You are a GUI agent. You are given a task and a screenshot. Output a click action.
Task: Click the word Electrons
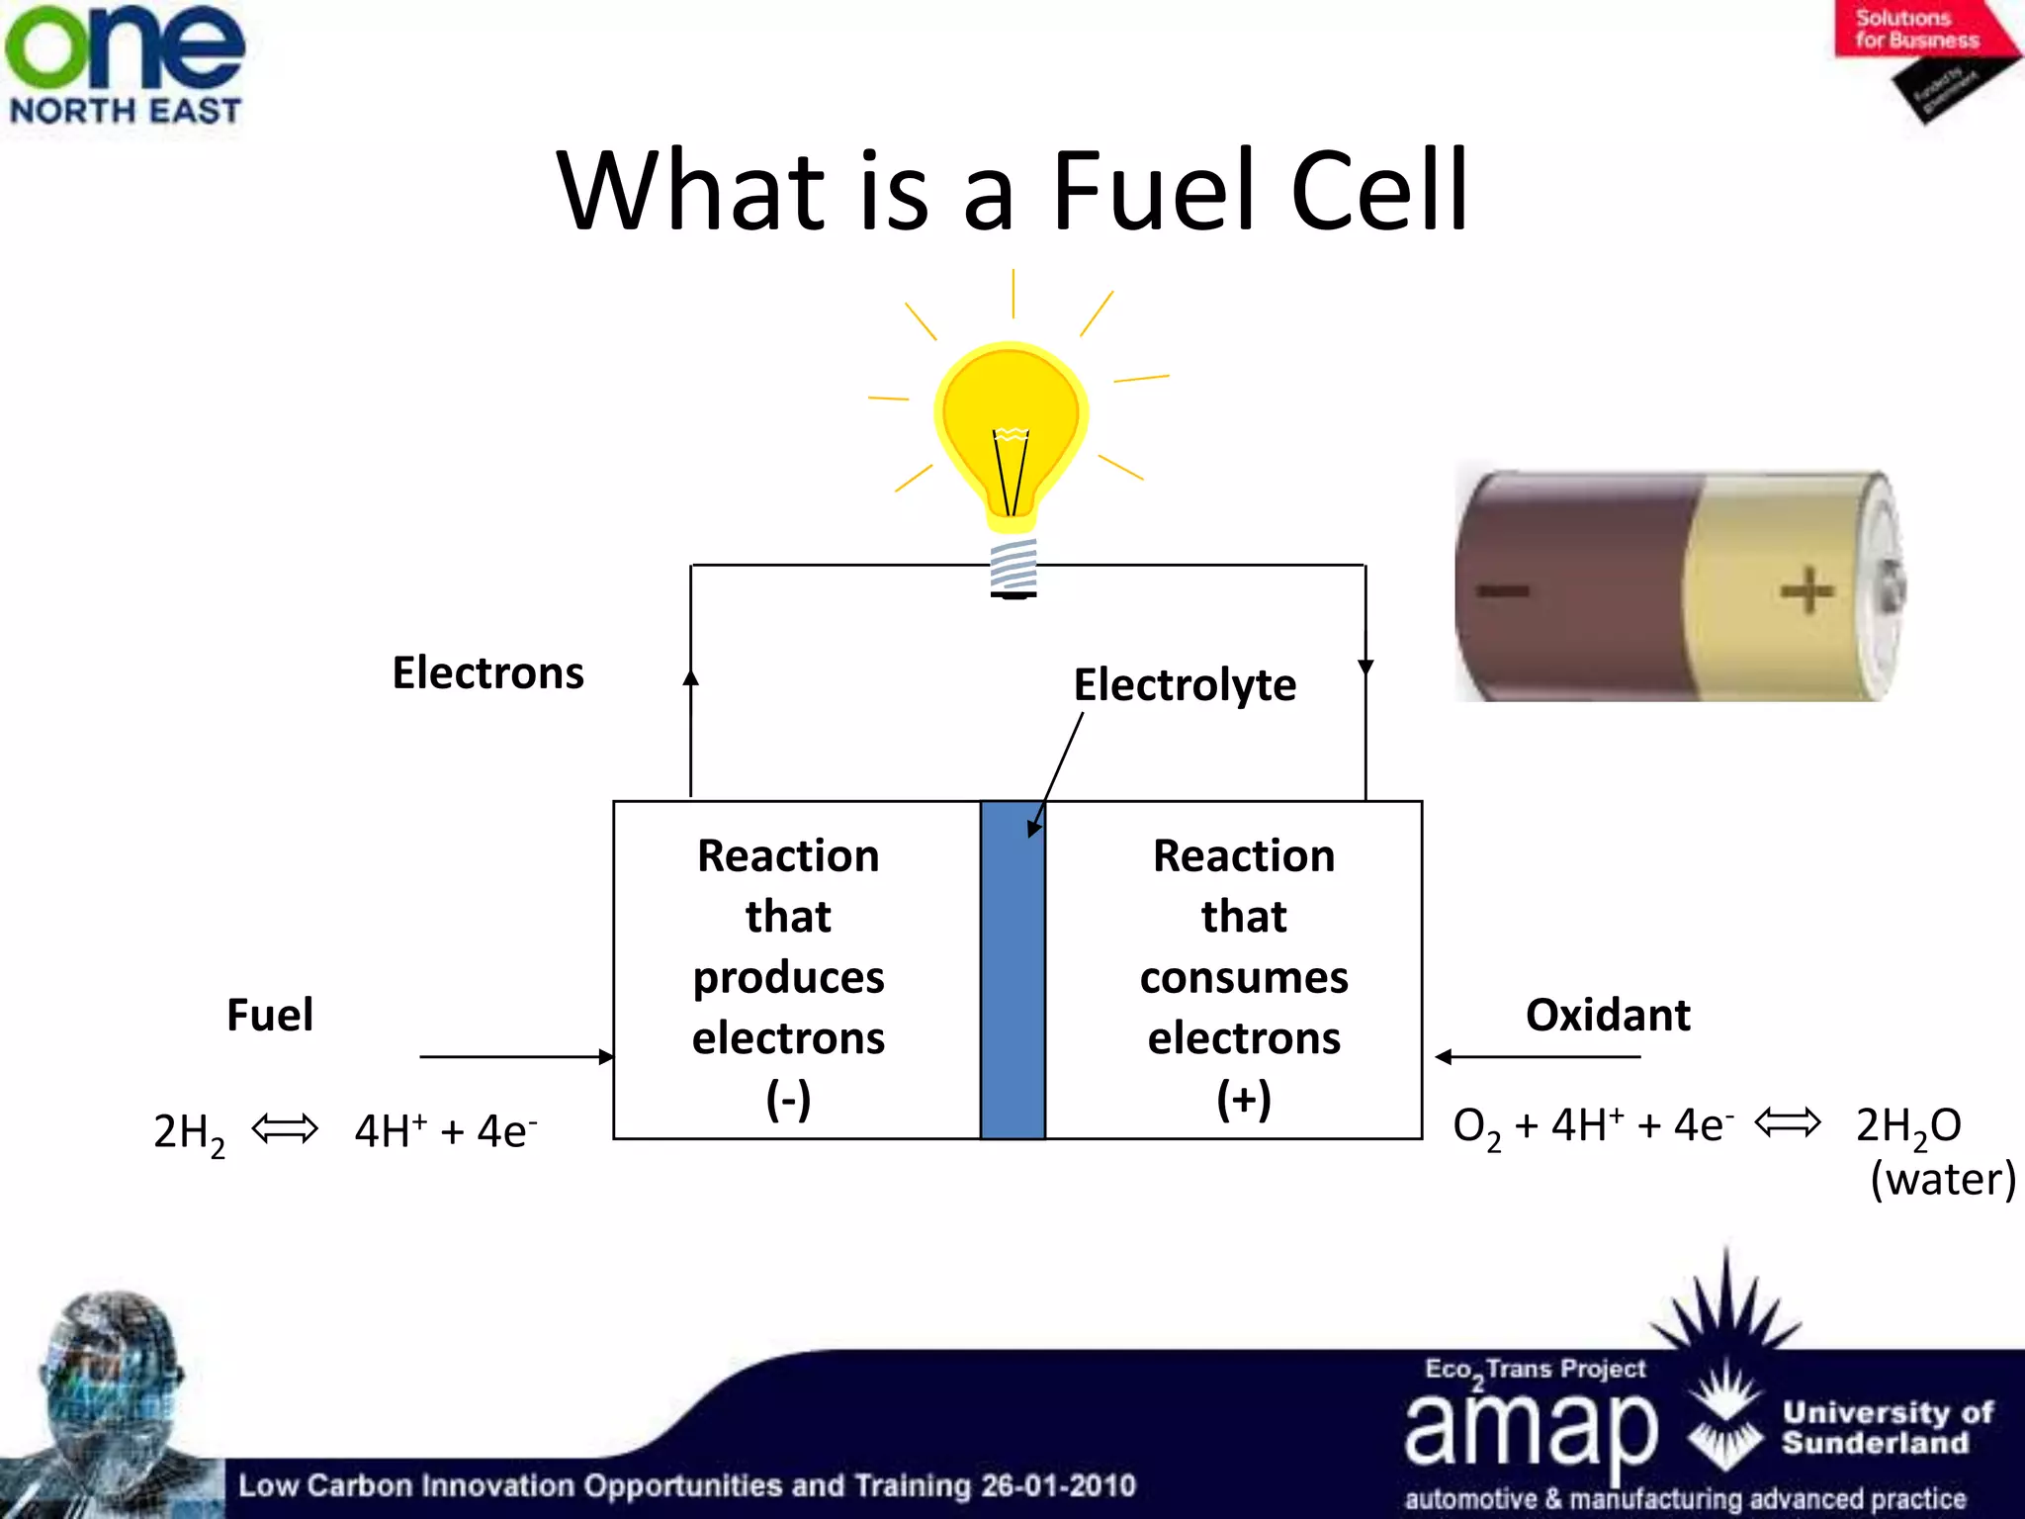pos(487,673)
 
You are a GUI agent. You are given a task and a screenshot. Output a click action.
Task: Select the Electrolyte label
pos(1184,685)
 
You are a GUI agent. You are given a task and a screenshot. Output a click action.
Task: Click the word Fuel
pos(270,1016)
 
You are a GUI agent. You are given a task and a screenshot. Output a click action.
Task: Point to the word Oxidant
pos(1608,1016)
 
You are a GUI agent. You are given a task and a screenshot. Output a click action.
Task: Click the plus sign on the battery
pos(1806,590)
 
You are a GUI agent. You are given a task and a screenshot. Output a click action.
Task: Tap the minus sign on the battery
pos(1503,591)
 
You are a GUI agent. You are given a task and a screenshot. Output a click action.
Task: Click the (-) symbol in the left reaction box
pos(788,1100)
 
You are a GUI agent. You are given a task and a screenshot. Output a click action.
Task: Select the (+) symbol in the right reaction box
pos(1244,1100)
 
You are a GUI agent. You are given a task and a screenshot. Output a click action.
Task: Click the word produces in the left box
pos(788,978)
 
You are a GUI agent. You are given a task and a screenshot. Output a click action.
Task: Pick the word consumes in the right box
pos(1244,978)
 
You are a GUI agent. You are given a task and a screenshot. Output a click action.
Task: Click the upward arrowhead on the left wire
pos(691,676)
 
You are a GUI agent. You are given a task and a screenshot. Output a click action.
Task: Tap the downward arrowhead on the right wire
pos(1365,668)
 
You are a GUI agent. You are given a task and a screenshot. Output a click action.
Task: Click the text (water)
pos(1942,1180)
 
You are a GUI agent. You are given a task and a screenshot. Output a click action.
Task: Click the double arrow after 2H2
pos(285,1128)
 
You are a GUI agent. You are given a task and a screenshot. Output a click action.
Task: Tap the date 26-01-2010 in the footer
pos(1058,1485)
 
